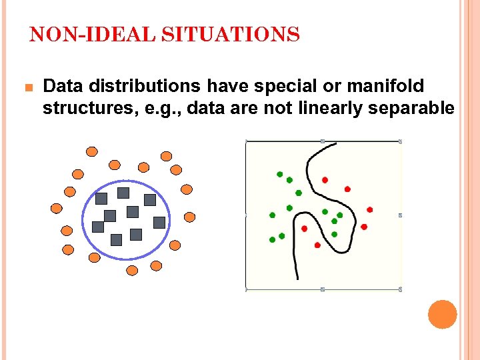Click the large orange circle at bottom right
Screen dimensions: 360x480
(x=442, y=314)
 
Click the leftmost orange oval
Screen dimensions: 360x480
(x=57, y=208)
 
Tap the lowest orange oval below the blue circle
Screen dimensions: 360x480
(x=132, y=271)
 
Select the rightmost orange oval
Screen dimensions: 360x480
(x=190, y=217)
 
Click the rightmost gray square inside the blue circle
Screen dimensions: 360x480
(x=159, y=222)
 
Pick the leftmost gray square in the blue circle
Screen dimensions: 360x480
(x=98, y=227)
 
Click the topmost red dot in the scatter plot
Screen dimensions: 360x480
(x=325, y=179)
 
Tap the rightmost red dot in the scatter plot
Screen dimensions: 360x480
(x=370, y=209)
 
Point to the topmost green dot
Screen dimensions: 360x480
(x=280, y=175)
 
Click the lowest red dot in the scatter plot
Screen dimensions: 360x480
(x=317, y=245)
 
